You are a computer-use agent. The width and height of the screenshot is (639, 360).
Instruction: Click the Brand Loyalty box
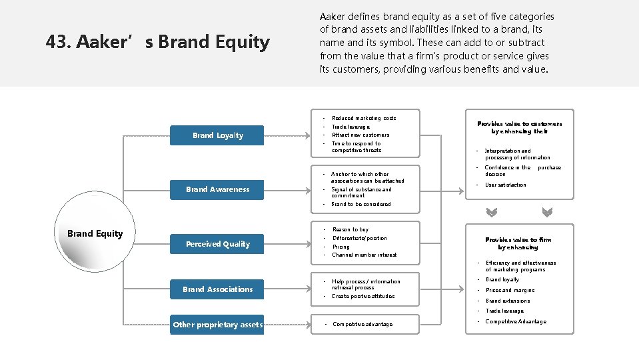[217, 135]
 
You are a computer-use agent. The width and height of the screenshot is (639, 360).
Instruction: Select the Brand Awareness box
[217, 189]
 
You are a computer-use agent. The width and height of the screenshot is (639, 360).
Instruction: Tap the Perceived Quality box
[217, 244]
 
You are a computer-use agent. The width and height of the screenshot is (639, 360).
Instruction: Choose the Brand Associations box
[217, 289]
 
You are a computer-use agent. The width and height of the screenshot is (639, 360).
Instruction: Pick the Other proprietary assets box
[217, 325]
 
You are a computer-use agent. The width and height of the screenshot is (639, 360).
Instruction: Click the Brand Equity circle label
[95, 233]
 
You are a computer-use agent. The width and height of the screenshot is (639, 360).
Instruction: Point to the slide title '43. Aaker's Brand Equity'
[158, 43]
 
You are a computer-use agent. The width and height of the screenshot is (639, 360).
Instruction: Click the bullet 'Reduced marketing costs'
[363, 118]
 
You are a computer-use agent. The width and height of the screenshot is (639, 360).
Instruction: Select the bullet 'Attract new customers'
[360, 135]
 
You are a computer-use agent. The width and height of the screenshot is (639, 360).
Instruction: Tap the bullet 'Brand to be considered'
[360, 204]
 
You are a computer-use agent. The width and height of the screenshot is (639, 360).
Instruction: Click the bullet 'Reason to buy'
[350, 229]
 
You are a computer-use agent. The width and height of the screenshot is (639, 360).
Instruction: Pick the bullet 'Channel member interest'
[364, 255]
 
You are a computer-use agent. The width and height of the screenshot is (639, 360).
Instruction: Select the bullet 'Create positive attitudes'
[362, 296]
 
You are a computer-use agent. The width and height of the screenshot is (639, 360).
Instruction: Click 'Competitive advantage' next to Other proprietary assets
[362, 324]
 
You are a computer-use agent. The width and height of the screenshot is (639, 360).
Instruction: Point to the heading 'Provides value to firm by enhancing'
[518, 243]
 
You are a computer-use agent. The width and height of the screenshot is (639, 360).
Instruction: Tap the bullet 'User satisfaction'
[505, 185]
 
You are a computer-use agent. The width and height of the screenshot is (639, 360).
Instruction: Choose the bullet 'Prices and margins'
[510, 290]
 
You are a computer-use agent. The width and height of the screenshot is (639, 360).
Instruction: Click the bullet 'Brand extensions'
[508, 301]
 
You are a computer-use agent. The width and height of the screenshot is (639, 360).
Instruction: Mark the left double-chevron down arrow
[492, 213]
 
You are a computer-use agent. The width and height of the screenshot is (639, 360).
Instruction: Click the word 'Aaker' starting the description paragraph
[332, 17]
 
